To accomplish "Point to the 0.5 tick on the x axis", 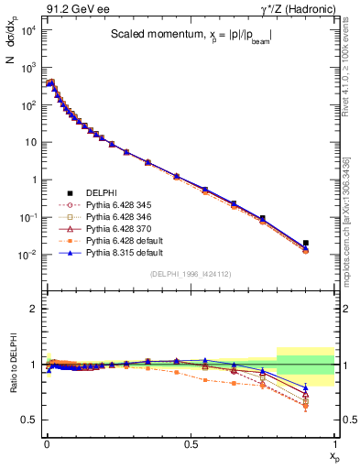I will [191, 444].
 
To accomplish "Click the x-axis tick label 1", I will [335, 444].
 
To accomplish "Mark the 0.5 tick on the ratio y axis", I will [33, 420].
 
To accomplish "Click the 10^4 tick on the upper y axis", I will [29, 30].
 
